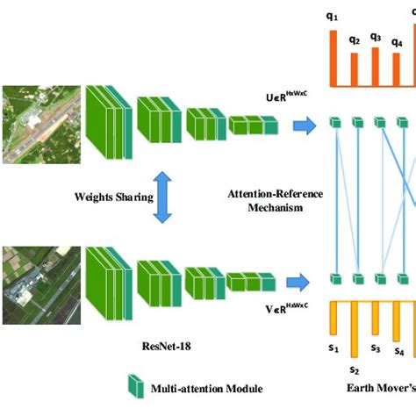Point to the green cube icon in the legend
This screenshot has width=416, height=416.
click(135, 386)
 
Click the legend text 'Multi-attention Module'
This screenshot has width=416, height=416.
click(206, 388)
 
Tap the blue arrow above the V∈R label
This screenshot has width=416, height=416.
click(302, 281)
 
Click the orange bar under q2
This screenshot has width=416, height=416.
click(354, 70)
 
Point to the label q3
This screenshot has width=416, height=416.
click(376, 37)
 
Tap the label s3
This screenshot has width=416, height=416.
click(376, 348)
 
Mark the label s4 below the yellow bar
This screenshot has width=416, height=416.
click(398, 351)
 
